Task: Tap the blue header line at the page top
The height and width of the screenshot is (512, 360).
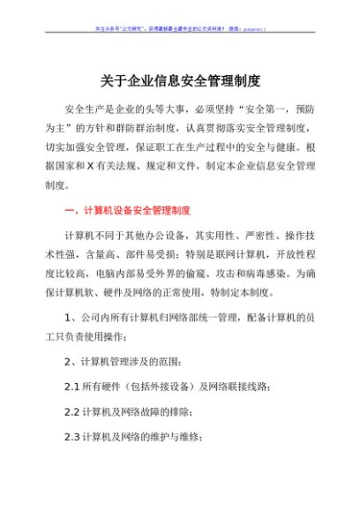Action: [179, 28]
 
